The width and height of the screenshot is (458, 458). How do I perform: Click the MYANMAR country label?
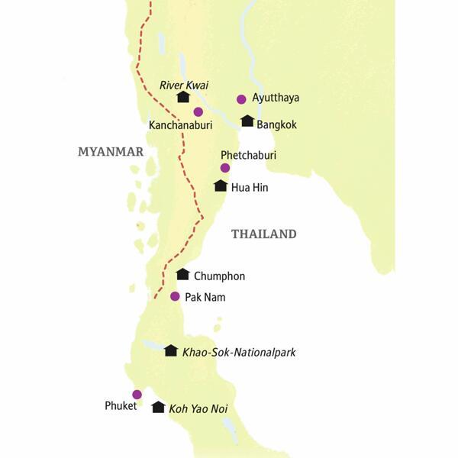111,152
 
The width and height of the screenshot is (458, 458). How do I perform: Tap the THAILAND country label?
263,234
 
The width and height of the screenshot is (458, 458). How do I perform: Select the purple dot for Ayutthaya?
241,98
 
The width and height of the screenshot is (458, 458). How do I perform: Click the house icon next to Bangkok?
247,121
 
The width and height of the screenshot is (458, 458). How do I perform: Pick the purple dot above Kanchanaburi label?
198,111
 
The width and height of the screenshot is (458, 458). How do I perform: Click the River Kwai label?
182,85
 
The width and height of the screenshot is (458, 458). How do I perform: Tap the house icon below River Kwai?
182,97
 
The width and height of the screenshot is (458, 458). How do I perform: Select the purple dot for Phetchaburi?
224,168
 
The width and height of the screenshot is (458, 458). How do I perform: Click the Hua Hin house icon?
221,185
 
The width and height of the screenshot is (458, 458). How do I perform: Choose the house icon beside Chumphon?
182,275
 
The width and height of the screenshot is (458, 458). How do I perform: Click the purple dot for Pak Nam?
175,296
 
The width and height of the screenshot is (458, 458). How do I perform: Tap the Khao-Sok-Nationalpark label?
238,353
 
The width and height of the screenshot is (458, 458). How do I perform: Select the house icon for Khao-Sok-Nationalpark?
170,350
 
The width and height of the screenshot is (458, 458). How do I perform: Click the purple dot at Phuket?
137,395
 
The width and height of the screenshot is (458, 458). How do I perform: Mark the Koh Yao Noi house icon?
158,408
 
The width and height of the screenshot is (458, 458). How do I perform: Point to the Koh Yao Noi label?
198,410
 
